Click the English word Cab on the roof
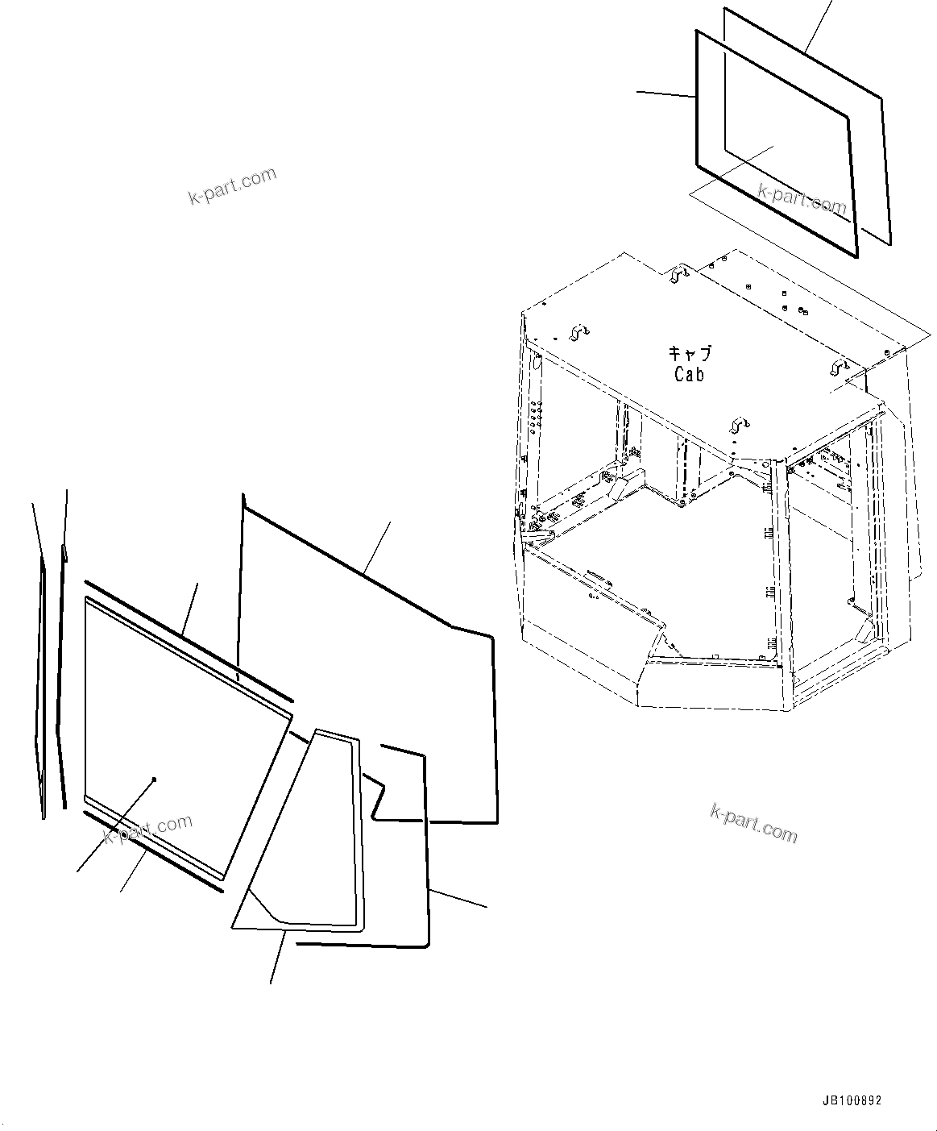coord(689,374)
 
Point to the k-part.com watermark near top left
coord(232,186)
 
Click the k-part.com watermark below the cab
coord(753,823)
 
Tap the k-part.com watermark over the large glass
coord(148,830)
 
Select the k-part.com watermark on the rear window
coord(802,198)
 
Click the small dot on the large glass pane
coord(154,779)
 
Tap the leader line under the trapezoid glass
coord(278,957)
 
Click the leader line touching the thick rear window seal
coord(665,94)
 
